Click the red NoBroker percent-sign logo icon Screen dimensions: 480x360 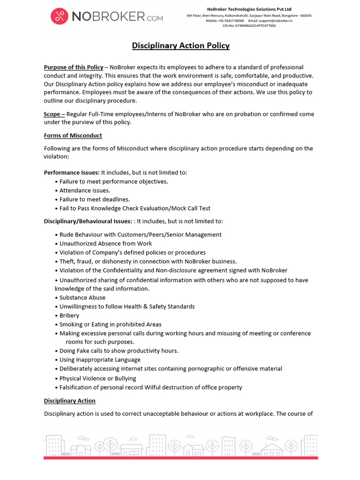point(60,17)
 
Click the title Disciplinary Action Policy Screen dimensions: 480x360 point(180,45)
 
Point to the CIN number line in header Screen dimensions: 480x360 point(249,26)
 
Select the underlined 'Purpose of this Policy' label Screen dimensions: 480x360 point(74,67)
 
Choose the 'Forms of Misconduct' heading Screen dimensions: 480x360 point(73,135)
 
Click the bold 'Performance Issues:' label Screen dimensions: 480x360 point(72,172)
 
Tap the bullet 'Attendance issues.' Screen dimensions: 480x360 point(84,190)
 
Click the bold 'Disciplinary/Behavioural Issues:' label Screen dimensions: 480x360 point(89,221)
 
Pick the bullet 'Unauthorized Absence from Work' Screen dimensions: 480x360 point(105,243)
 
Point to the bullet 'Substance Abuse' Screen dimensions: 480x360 point(82,297)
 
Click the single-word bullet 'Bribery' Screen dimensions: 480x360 point(69,315)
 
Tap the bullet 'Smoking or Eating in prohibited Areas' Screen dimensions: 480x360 point(110,324)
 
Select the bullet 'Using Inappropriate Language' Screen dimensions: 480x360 point(100,360)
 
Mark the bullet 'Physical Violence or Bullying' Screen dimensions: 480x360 point(97,378)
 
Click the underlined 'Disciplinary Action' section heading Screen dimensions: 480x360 point(70,401)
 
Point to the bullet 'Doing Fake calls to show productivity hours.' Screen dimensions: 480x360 point(119,351)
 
